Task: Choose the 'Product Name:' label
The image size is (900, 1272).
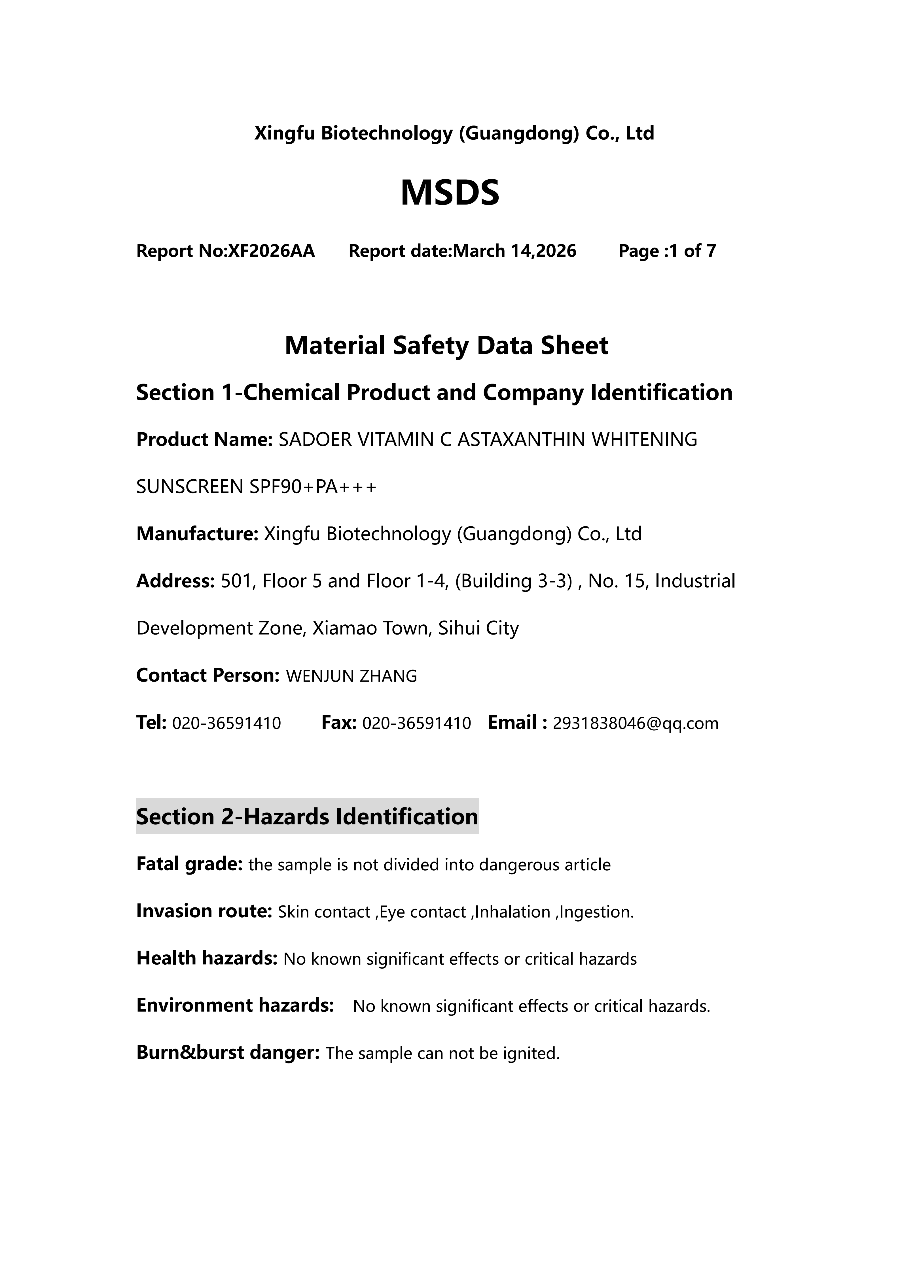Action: tap(204, 439)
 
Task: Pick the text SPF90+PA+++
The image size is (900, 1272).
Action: tap(313, 487)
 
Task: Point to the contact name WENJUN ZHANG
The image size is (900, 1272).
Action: tap(351, 676)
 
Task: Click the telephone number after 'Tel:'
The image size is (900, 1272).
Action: tap(227, 723)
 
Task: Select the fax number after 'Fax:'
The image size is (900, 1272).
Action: tap(416, 723)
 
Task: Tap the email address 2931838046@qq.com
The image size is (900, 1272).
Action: tap(636, 723)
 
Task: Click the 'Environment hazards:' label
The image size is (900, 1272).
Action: tap(235, 1005)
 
